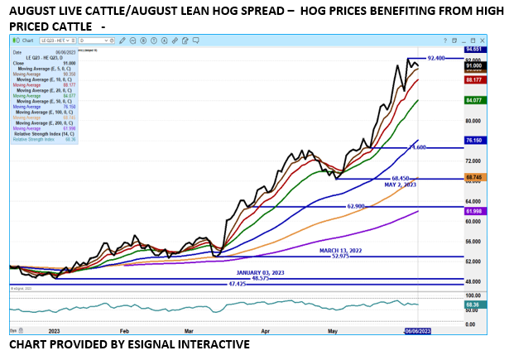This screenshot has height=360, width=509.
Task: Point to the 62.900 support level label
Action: click(x=356, y=206)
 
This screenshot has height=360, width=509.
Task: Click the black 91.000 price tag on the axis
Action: click(x=474, y=65)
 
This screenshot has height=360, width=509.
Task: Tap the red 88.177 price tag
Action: click(x=474, y=80)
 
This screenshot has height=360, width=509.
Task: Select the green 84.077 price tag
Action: click(x=474, y=100)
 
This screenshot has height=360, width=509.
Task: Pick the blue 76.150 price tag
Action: click(x=474, y=141)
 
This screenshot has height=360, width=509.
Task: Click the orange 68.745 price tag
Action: click(x=474, y=178)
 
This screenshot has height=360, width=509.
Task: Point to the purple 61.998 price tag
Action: click(x=474, y=212)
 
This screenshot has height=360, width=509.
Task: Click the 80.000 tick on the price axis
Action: click(x=473, y=121)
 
